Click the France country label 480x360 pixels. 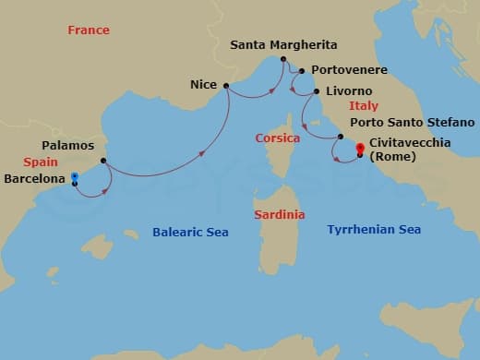click(89, 30)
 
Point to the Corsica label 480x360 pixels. click(278, 138)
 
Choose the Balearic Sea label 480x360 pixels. click(190, 233)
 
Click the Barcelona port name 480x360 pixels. click(33, 178)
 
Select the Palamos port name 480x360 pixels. click(67, 146)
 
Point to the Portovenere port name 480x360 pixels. click(349, 70)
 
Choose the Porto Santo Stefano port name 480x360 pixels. click(412, 122)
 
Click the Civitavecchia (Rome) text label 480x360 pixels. click(406, 150)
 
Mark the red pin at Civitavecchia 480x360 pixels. click(360, 147)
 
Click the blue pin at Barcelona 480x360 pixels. click(73, 176)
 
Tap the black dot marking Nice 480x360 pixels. click(225, 86)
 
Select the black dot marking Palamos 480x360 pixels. click(103, 161)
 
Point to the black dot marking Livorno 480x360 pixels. click(318, 92)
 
